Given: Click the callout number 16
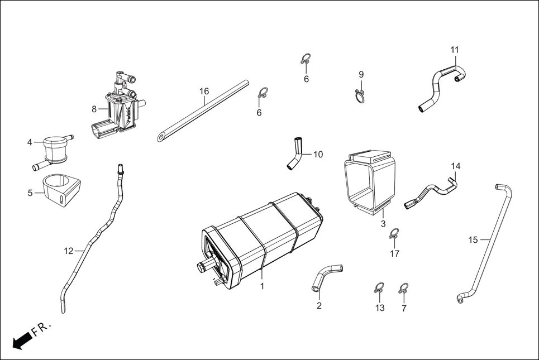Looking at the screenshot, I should click(204, 91).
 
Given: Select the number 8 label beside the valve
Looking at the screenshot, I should click(94, 109).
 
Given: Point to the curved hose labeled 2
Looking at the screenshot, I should click(326, 276).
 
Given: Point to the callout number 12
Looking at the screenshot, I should click(68, 251).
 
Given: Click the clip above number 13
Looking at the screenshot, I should click(379, 289).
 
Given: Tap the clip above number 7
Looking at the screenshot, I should click(403, 289).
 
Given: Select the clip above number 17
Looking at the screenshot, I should click(394, 233).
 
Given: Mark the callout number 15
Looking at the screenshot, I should click(473, 240).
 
